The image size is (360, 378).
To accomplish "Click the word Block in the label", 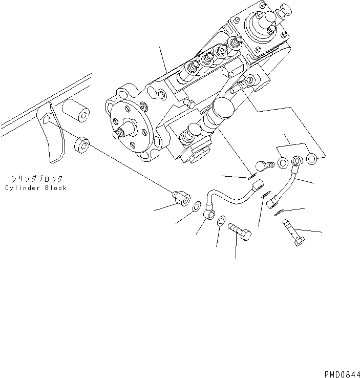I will click(55, 188).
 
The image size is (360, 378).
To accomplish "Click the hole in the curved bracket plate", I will click(46, 120).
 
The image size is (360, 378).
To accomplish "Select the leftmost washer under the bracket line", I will click(283, 163).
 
